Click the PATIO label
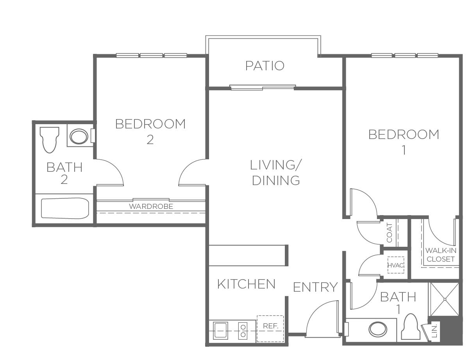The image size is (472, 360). click(x=265, y=66)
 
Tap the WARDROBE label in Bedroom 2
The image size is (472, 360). click(x=151, y=207)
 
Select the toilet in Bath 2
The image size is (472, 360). click(x=50, y=140)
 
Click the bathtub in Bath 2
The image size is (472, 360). click(x=65, y=209)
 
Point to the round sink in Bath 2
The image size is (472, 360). click(x=79, y=136)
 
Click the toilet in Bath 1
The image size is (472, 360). click(x=411, y=327)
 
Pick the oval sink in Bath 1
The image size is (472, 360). click(x=378, y=329)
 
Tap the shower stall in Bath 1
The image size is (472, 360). click(x=445, y=299)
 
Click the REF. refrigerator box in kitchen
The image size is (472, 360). click(x=270, y=329)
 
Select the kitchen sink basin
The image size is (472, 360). click(x=220, y=331)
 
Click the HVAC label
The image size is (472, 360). click(x=395, y=265)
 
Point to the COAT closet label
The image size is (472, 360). click(x=390, y=233)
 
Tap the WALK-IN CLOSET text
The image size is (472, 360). click(x=441, y=255)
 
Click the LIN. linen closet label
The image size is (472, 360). click(x=434, y=331)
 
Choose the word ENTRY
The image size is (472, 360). click(x=315, y=287)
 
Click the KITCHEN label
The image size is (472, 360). click(x=247, y=284)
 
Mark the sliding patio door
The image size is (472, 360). click(x=263, y=87)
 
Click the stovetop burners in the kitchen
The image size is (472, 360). click(x=243, y=331)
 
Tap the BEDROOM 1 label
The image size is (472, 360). click(x=404, y=142)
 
